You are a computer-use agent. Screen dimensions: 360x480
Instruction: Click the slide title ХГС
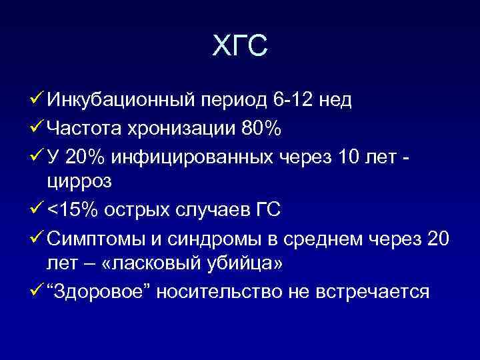coord(239,45)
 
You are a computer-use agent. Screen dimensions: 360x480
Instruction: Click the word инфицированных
coord(193,156)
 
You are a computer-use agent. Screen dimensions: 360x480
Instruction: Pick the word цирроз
coord(78,181)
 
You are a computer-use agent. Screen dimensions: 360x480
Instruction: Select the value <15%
coord(70,209)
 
